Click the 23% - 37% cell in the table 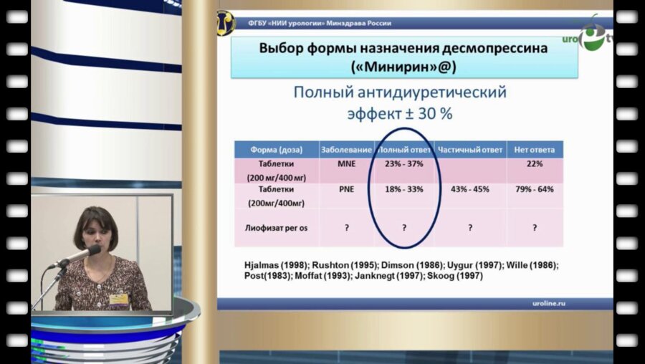[404, 164]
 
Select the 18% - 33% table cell [404, 189]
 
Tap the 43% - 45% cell [469, 189]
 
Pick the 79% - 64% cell [535, 189]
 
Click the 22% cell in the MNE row [535, 164]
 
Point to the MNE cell [346, 164]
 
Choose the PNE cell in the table [346, 189]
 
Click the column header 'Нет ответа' [535, 150]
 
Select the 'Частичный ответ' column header [469, 150]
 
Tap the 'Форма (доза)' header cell [276, 150]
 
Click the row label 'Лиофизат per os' [276, 227]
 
